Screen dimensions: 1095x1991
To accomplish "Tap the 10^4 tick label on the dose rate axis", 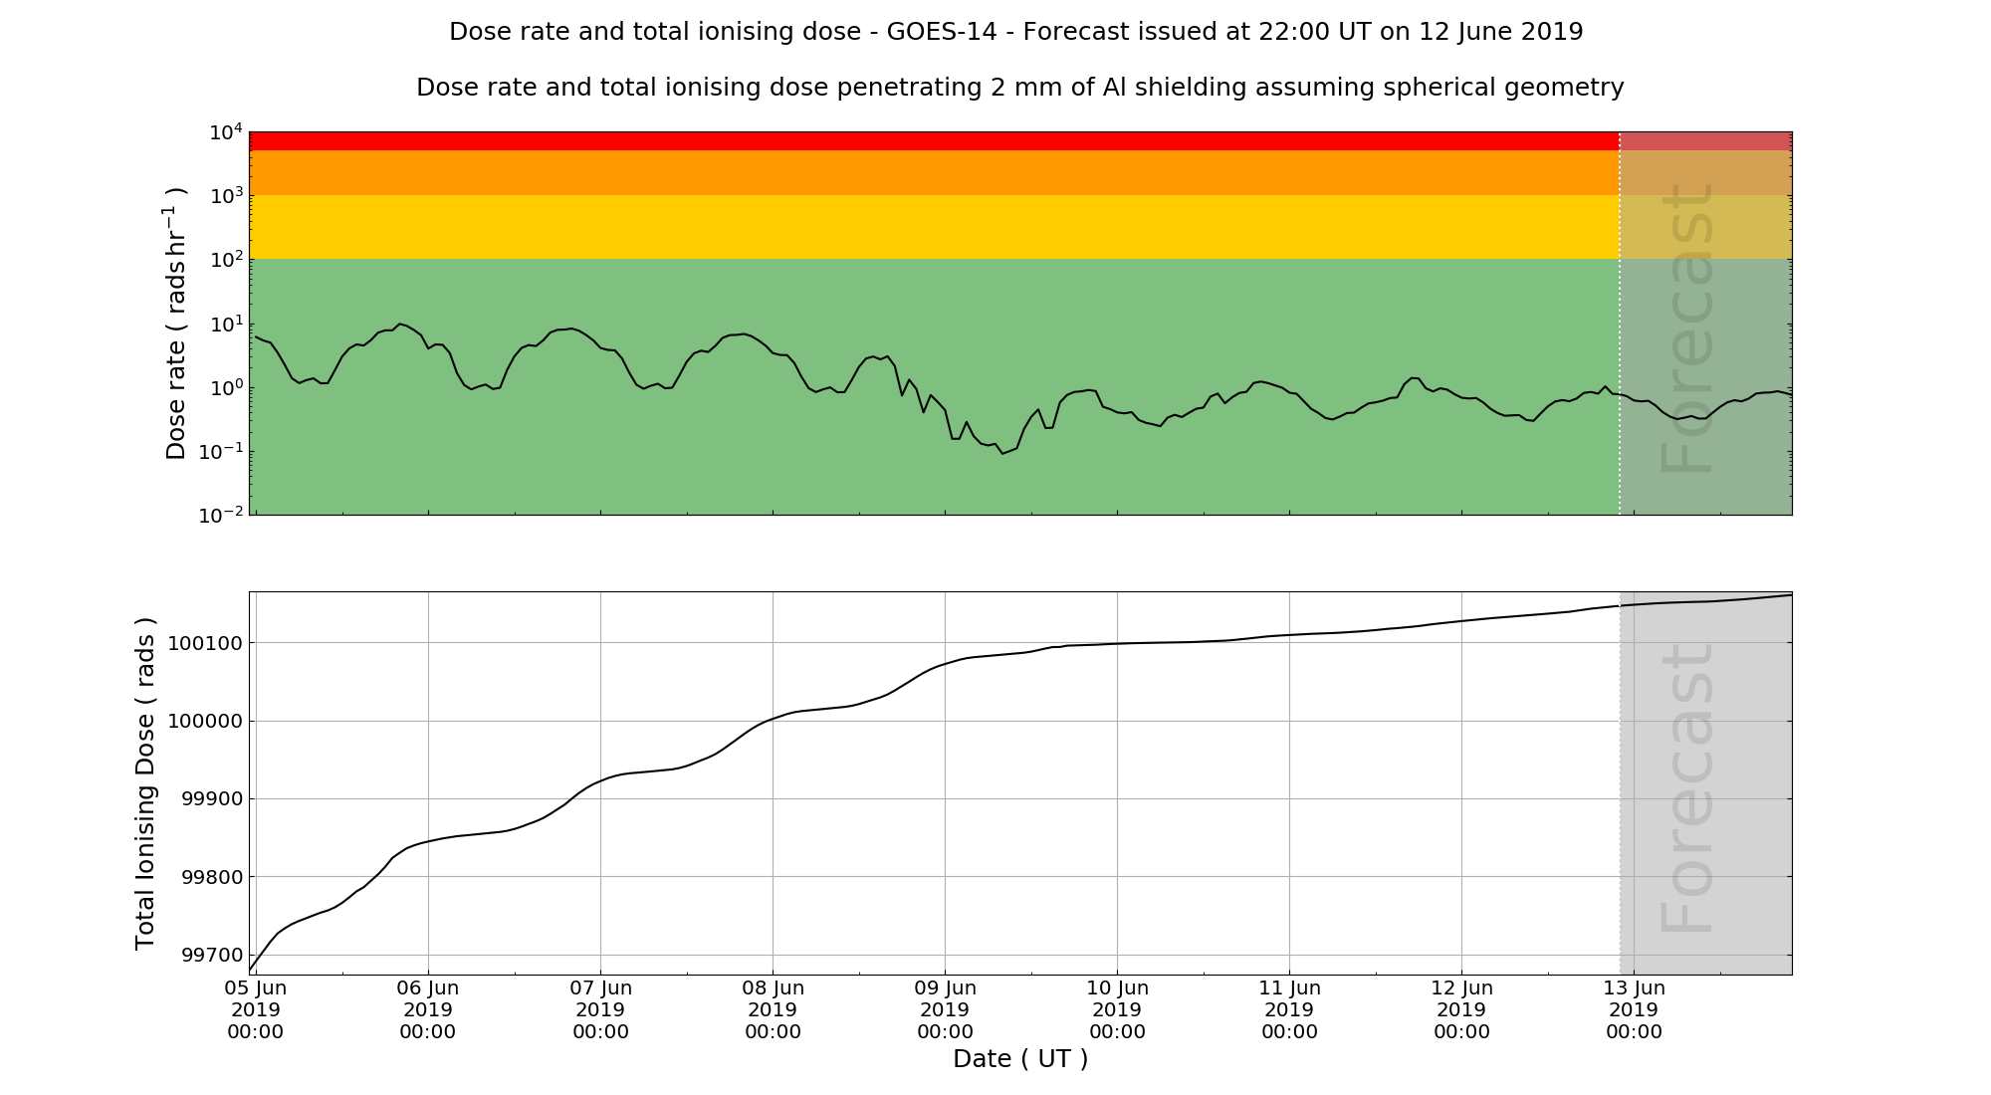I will pos(225,132).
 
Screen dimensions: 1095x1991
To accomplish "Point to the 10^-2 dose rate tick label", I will pos(221,516).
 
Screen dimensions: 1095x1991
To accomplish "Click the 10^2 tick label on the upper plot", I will pos(225,260).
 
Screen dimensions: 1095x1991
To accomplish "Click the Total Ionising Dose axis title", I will pos(145,783).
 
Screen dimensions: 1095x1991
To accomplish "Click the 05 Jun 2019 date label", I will pos(256,1009).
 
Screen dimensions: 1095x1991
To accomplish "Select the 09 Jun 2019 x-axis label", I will pos(945,1009).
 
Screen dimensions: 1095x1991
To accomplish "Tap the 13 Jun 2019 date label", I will pos(1634,1009).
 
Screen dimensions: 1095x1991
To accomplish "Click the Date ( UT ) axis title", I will pos(1020,1059).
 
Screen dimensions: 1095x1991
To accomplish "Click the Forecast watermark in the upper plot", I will pos(1687,328).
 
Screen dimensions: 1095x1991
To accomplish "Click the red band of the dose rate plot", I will pos(896,141).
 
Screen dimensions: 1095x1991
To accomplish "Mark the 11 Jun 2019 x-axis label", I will pos(1289,1009).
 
